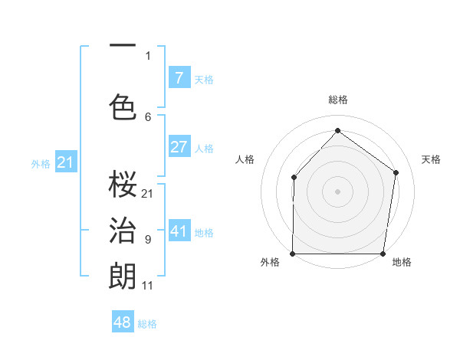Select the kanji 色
click(123, 106)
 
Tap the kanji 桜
click(123, 184)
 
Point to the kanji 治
click(123, 230)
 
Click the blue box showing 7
click(179, 77)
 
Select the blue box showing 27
click(179, 147)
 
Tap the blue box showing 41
click(179, 231)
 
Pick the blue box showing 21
click(65, 162)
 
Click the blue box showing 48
click(123, 322)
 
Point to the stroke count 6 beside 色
click(148, 116)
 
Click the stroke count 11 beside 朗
click(147, 286)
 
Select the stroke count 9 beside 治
click(148, 240)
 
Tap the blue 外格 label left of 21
click(41, 163)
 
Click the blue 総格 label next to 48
click(147, 324)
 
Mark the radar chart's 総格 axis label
click(337, 100)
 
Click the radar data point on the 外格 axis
click(293, 254)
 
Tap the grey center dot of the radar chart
click(337, 191)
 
